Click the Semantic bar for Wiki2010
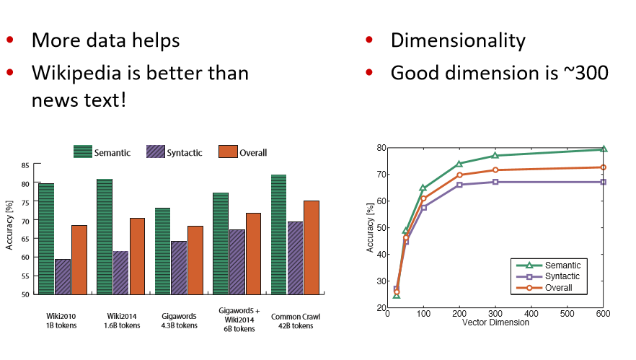(46, 239)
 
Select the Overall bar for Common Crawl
(311, 247)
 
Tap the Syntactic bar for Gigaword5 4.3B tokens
(178, 268)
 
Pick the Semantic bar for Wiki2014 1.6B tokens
(104, 237)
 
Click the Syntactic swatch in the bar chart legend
(156, 152)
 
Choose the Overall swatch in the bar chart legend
(228, 152)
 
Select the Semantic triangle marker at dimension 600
(604, 149)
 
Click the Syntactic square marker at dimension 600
(604, 182)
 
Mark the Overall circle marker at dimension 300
(495, 170)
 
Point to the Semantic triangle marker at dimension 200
(459, 164)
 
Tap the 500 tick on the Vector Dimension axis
(567, 314)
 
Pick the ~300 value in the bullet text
(582, 73)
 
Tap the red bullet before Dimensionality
(369, 40)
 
